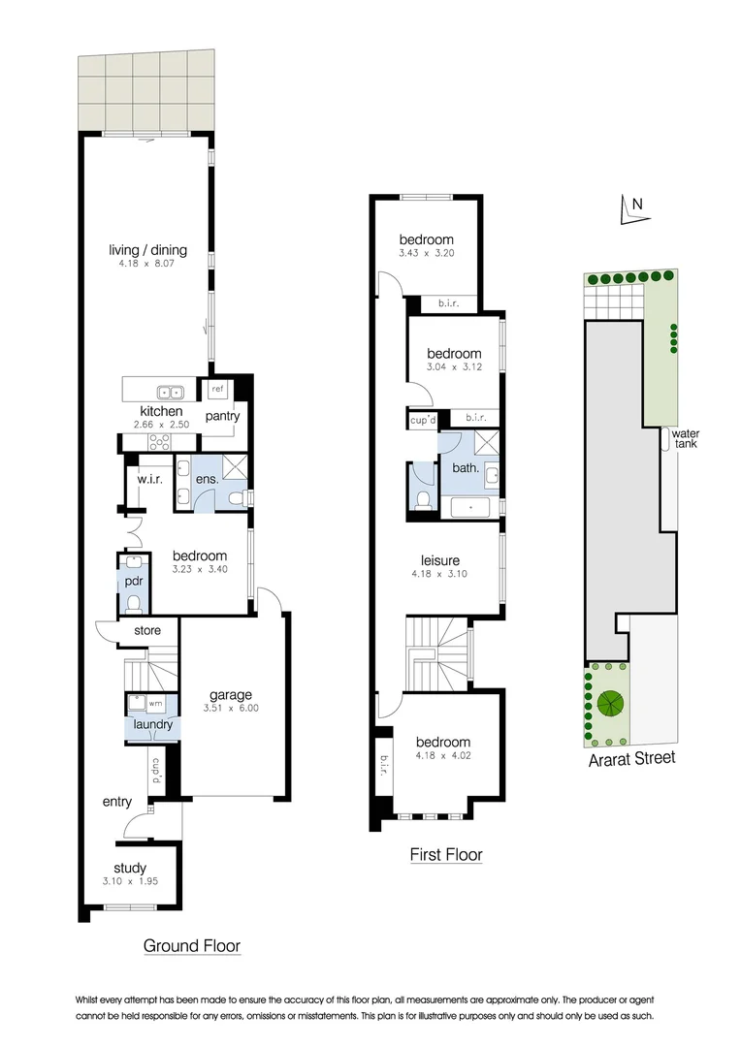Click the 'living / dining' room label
point(147,250)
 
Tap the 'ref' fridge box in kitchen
point(217,389)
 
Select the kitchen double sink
point(172,393)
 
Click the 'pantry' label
point(222,416)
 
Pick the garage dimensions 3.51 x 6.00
point(231,708)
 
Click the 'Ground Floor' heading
point(192,945)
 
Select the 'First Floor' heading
point(445,854)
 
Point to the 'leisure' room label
point(439,560)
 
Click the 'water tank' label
point(687,438)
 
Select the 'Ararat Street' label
point(632,758)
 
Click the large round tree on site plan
point(610,703)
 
